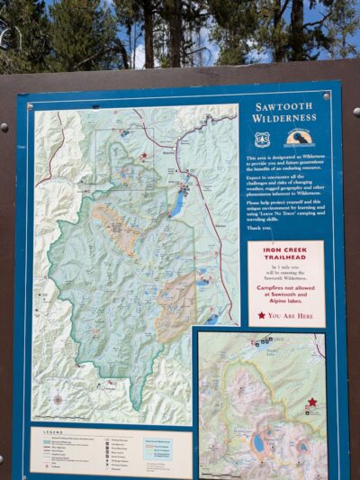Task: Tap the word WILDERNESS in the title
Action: [283, 117]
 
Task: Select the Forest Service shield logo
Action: [262, 139]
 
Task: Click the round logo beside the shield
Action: [298, 138]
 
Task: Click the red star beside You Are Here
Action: [262, 315]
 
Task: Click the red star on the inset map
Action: [312, 403]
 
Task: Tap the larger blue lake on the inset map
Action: [259, 443]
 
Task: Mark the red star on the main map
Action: [143, 155]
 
